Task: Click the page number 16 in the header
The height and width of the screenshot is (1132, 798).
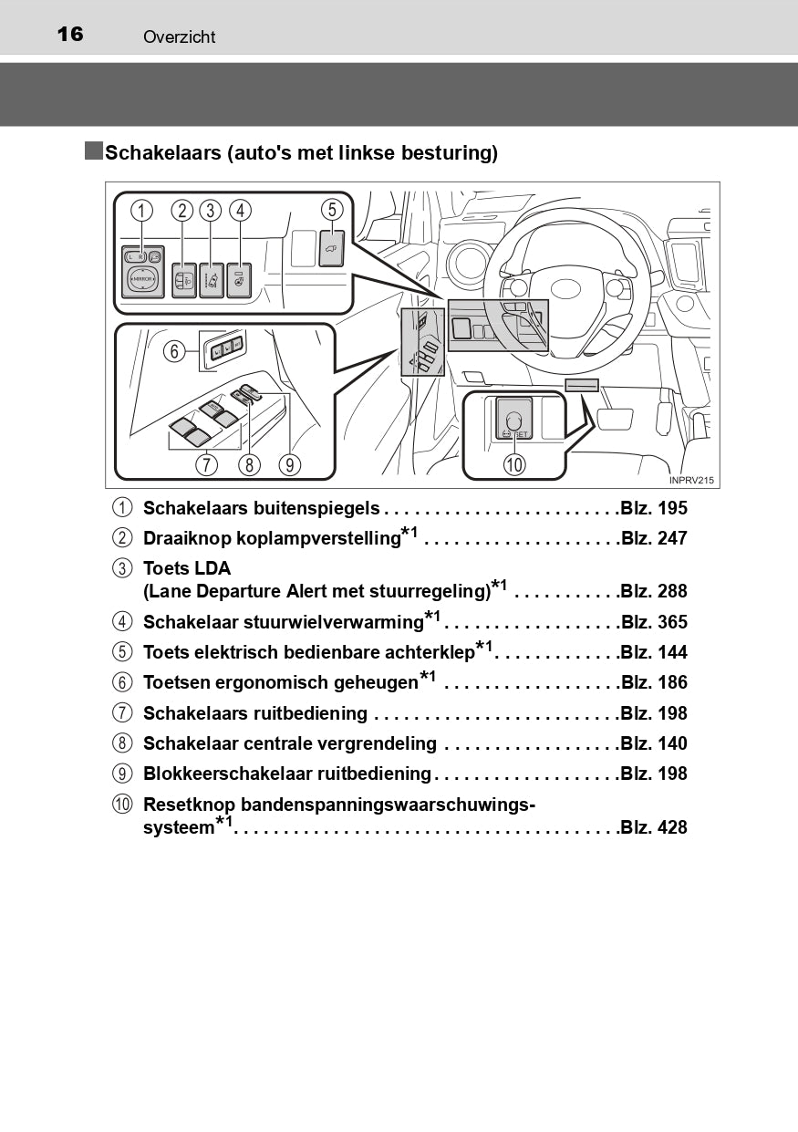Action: [x=70, y=35]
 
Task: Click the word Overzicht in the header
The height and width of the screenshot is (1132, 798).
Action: [x=180, y=36]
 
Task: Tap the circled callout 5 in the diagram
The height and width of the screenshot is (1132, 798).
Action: [x=332, y=210]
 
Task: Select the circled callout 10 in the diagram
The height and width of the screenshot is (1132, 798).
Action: [x=514, y=464]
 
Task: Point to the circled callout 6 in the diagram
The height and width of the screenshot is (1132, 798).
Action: [x=174, y=350]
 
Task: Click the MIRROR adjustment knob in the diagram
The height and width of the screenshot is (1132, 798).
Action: [x=142, y=279]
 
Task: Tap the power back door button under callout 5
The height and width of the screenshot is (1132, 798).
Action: [x=332, y=248]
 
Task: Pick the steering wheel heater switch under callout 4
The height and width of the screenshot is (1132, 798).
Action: [x=239, y=280]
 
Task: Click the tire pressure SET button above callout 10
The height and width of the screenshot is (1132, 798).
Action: [x=514, y=419]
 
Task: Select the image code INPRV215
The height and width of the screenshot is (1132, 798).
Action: [x=691, y=480]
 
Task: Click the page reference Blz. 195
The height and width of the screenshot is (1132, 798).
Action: [x=654, y=508]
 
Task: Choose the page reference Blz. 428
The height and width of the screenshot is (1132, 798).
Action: [x=654, y=827]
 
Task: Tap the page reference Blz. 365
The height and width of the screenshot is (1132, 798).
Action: [x=654, y=621]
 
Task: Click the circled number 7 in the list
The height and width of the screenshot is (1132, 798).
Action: [x=122, y=713]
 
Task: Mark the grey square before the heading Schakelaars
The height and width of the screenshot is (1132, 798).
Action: [x=94, y=151]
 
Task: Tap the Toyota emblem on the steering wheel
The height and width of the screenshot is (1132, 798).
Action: [x=565, y=289]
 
